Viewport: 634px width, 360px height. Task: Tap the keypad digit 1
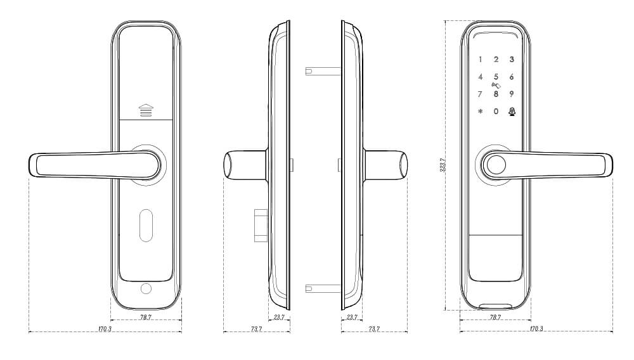point(481,60)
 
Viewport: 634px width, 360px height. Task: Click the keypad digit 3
point(512,60)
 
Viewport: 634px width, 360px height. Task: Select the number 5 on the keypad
point(496,77)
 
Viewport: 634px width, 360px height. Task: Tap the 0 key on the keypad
point(496,111)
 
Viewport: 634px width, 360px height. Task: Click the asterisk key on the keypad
point(481,111)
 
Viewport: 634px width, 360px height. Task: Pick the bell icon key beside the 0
point(512,112)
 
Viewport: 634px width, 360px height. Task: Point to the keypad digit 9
point(512,94)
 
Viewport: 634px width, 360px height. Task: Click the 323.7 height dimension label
point(443,165)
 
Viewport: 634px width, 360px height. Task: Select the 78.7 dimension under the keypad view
point(495,317)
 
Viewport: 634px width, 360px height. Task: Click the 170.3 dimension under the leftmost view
point(105,329)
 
